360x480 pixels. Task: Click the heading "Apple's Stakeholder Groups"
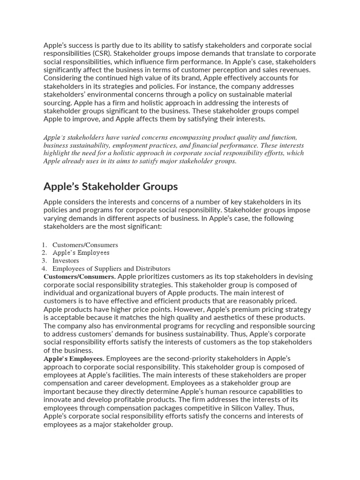111,187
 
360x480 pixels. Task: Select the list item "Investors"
66,261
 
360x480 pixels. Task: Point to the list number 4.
45,269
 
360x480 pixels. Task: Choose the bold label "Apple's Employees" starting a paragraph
73,359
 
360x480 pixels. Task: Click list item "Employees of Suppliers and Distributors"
111,269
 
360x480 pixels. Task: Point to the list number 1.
45,245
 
